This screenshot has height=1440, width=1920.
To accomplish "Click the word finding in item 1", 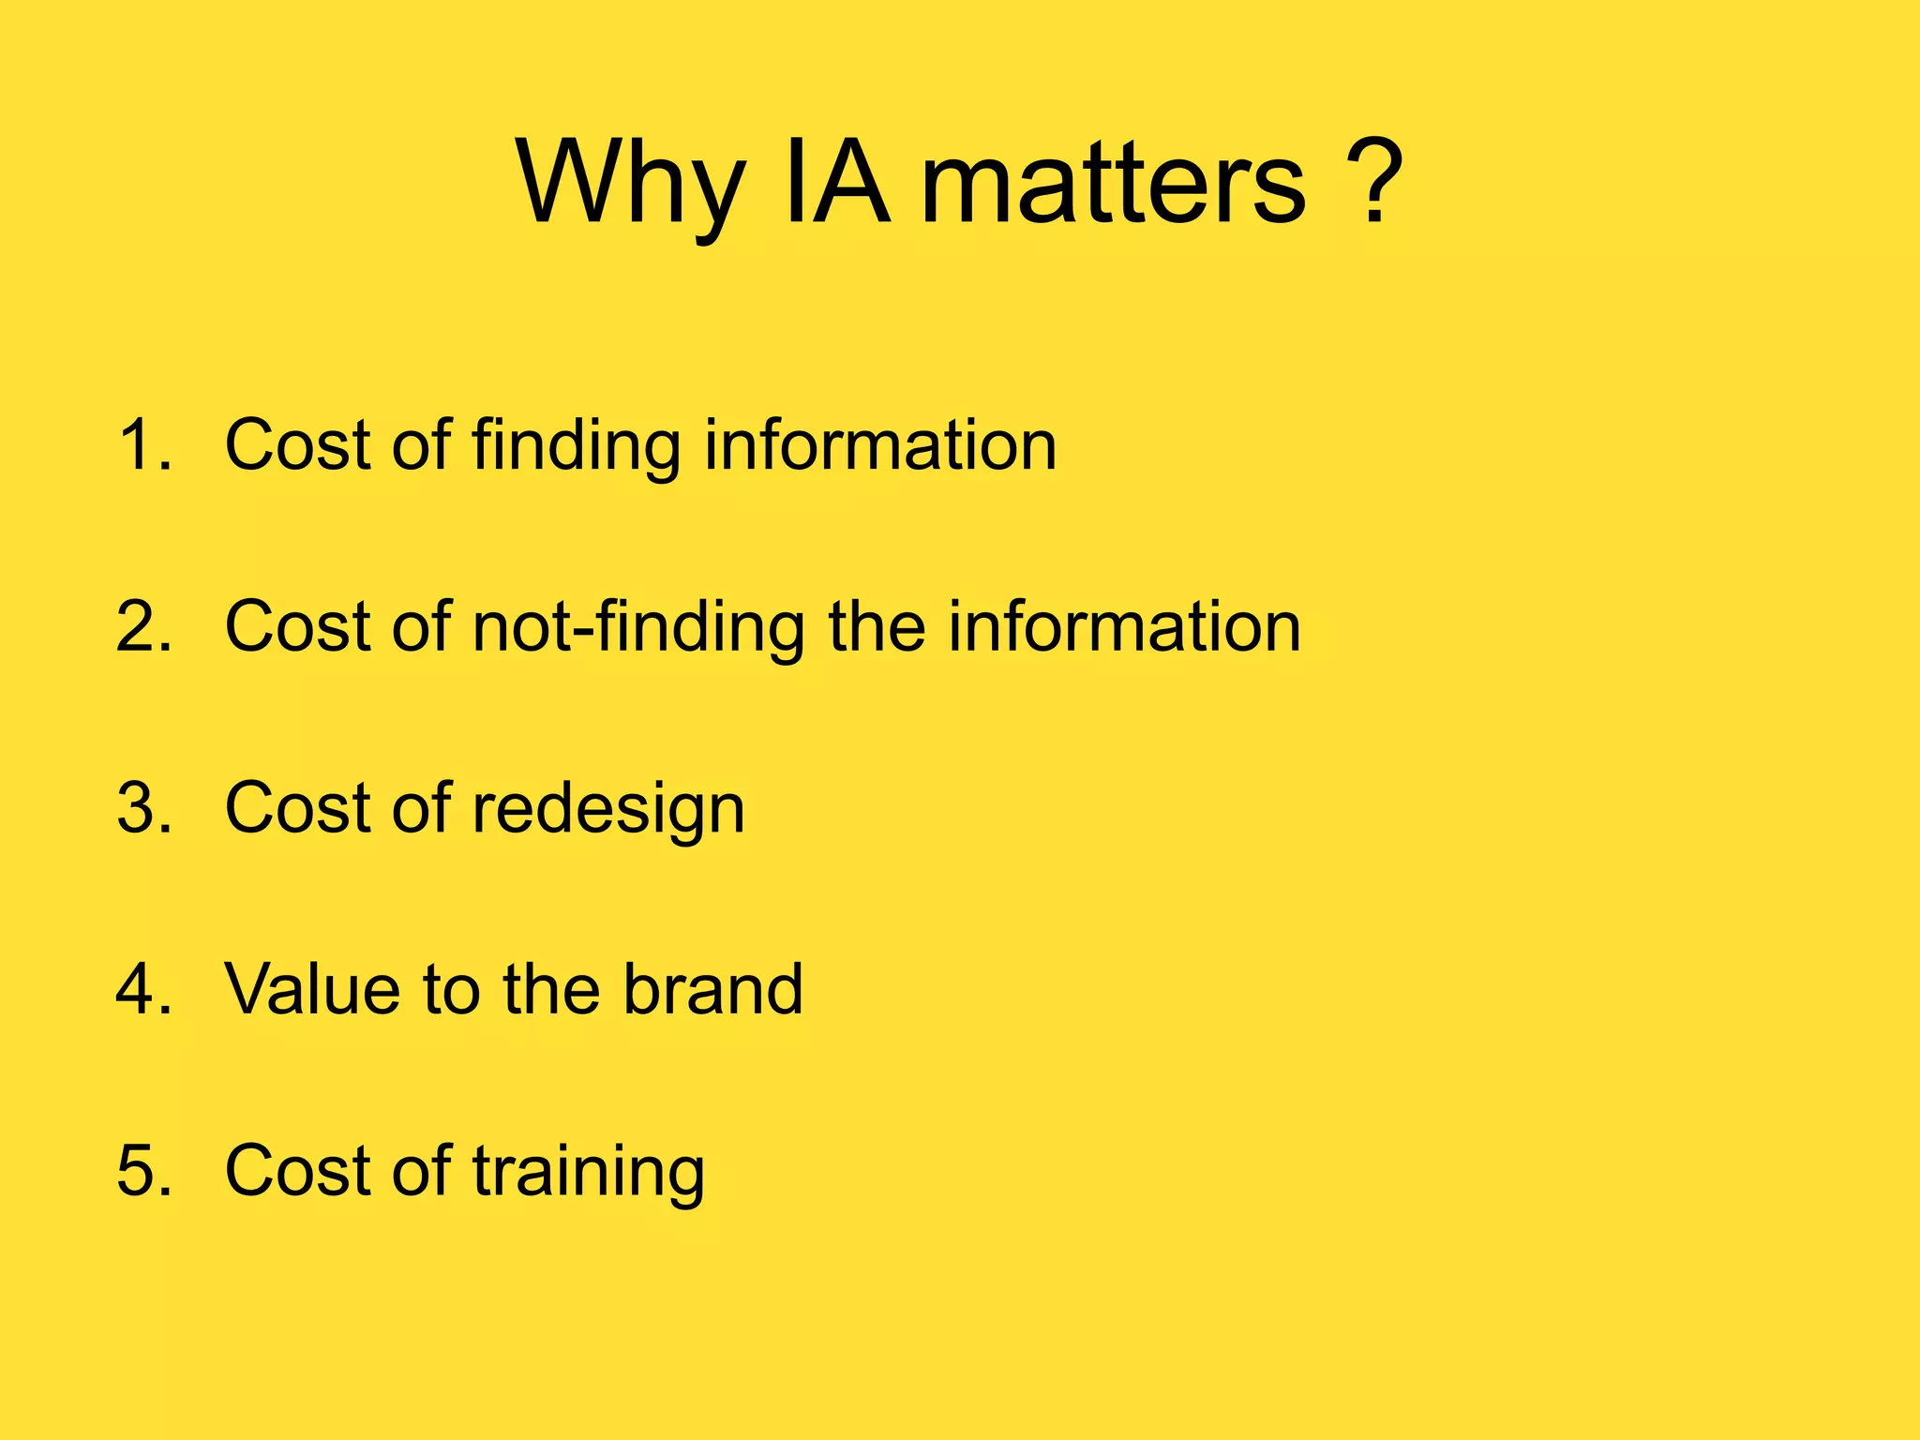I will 576,446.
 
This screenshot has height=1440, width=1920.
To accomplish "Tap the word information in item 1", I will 880,444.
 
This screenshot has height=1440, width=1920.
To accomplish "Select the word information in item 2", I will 1124,626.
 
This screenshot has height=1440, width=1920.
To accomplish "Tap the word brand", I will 713,990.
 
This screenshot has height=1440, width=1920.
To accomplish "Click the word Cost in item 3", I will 299,808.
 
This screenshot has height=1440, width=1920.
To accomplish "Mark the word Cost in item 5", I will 299,1172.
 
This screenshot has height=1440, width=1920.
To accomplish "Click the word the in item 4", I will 551,990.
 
